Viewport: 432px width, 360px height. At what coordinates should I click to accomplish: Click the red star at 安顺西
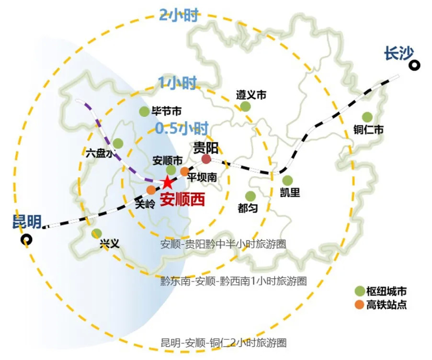pyautogui.click(x=167, y=182)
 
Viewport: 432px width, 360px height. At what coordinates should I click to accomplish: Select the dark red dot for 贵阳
pyautogui.click(x=206, y=159)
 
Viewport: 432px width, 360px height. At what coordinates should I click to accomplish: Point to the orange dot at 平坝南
pyautogui.click(x=184, y=171)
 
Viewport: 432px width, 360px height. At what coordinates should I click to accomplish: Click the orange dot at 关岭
pyautogui.click(x=151, y=190)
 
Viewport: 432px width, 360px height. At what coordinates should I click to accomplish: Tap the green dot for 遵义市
pyautogui.click(x=245, y=106)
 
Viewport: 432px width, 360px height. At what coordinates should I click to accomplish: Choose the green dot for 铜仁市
pyautogui.click(x=367, y=117)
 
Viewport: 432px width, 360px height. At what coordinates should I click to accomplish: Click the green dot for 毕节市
pyautogui.click(x=144, y=112)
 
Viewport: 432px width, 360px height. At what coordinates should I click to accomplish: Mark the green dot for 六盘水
pyautogui.click(x=118, y=143)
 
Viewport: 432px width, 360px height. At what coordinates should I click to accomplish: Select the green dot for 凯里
pyautogui.click(x=287, y=180)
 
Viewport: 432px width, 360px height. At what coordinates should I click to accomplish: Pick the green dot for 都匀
pyautogui.click(x=250, y=196)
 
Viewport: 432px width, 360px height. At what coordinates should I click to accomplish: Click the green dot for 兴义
pyautogui.click(x=97, y=234)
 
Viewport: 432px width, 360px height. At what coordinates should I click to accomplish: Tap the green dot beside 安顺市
pyautogui.click(x=171, y=170)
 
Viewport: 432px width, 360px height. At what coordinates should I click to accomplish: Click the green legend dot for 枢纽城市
pyautogui.click(x=359, y=291)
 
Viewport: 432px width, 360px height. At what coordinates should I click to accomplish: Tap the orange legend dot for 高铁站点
pyautogui.click(x=359, y=304)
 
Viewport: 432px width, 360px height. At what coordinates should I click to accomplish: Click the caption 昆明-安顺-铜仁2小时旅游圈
pyautogui.click(x=224, y=343)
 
